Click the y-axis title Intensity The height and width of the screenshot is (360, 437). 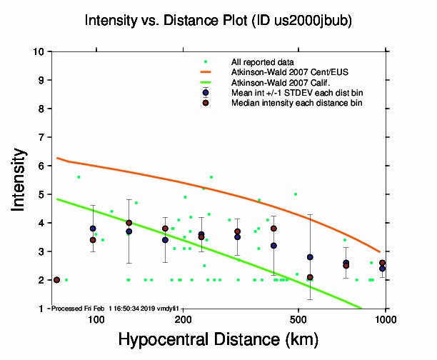(20, 179)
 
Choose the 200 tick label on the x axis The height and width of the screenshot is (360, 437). (183, 319)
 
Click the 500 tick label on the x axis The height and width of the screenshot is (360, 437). (298, 319)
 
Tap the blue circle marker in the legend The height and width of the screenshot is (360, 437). (206, 93)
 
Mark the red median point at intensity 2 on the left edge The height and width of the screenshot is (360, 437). (56, 280)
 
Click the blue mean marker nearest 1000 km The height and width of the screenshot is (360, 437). (382, 269)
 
